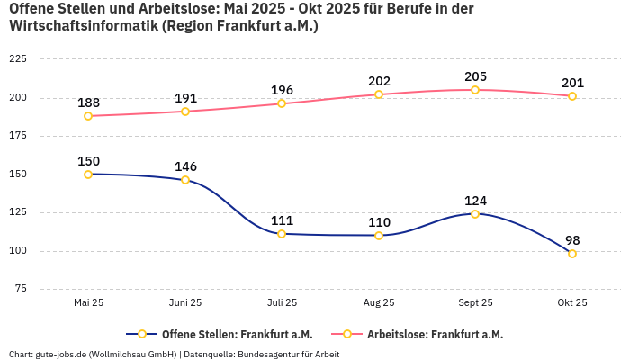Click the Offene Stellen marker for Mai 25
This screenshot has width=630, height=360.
pos(88,175)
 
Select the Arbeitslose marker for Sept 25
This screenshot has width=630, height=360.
pos(475,90)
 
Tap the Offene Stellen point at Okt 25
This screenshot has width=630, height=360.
pos(572,254)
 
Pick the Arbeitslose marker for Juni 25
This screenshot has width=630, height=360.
pos(185,112)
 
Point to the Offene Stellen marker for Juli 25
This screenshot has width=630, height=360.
pos(282,234)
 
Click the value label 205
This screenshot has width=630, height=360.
pos(475,76)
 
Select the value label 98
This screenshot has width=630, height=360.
pos(572,240)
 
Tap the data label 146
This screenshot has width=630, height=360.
pos(185,166)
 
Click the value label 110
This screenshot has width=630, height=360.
pos(379,222)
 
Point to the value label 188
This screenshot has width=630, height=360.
pos(88,103)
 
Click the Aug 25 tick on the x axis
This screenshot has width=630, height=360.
pos(379,303)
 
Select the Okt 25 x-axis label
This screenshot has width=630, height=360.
pos(572,303)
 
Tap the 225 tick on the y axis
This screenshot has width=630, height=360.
pos(17,59)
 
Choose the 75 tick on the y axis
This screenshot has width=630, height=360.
pos(20,289)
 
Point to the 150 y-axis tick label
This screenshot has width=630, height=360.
pos(17,175)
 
